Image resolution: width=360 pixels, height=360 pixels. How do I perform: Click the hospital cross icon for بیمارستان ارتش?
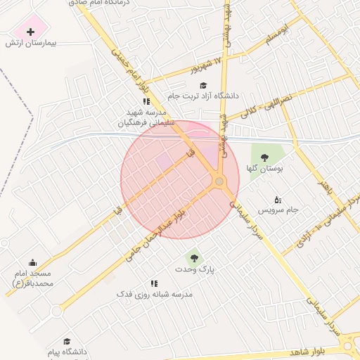[x=30, y=32]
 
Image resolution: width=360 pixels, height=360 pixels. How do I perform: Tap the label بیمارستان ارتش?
[x=30, y=44]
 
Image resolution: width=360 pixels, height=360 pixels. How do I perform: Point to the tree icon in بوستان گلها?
[x=264, y=157]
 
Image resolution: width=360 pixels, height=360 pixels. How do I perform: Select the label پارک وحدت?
[x=194, y=269]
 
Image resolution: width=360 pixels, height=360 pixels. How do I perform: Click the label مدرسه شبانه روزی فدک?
[x=155, y=294]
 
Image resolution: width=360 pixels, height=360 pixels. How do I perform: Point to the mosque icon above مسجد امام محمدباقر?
[x=33, y=262]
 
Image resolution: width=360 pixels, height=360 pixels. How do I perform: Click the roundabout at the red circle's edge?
[x=220, y=183]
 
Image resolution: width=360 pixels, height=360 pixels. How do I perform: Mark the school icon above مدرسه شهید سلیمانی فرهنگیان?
[x=146, y=102]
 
